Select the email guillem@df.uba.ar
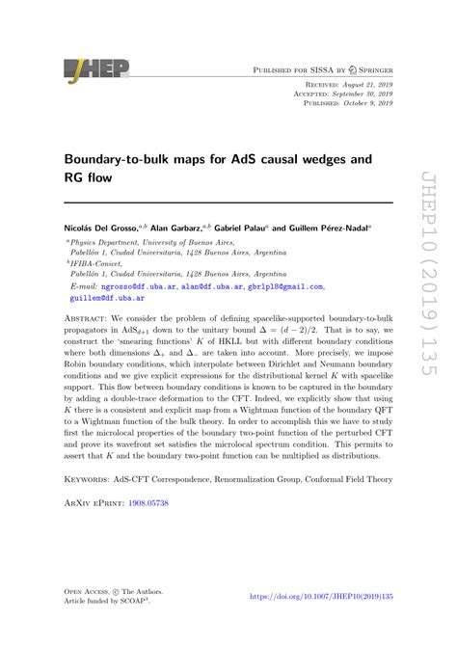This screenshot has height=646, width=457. point(105,299)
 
